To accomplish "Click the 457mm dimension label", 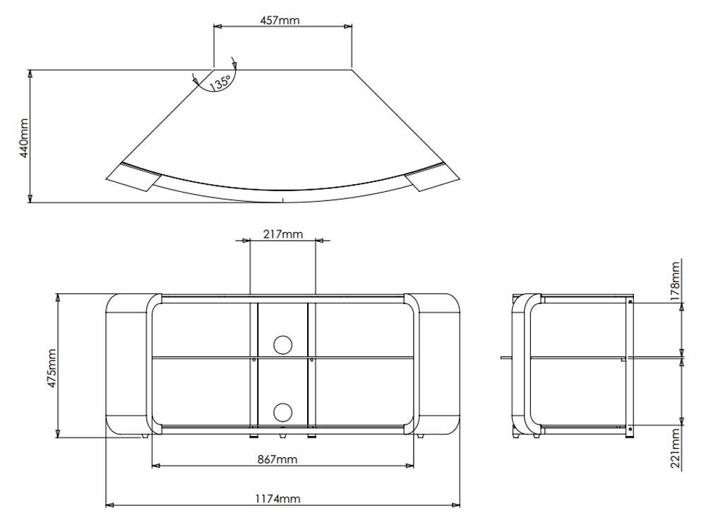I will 280,20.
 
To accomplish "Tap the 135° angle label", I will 220,83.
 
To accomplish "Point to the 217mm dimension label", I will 282,234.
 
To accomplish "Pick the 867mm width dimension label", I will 277,459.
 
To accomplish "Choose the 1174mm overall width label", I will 277,499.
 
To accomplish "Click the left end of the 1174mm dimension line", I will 107,505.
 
